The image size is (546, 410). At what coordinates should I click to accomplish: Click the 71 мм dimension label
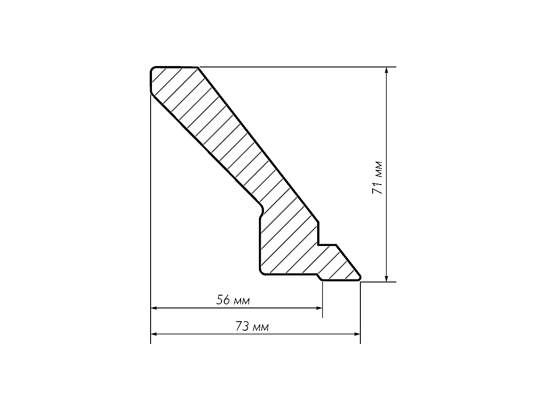point(377,178)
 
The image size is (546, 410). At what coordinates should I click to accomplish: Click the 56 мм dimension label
point(233,300)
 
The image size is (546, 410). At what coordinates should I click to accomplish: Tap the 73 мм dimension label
point(252,327)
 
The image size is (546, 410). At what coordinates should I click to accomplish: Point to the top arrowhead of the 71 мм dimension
point(386,70)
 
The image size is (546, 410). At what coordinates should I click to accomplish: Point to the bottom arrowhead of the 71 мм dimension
point(386,278)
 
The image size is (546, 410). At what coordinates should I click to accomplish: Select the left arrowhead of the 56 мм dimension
point(154,308)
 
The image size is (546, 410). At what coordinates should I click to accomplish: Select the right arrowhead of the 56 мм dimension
point(319,308)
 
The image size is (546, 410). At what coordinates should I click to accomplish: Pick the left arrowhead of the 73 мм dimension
point(154,334)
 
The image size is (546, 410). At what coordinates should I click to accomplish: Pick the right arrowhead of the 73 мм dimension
point(357,334)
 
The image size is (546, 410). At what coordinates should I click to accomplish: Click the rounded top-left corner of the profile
point(152,69)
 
